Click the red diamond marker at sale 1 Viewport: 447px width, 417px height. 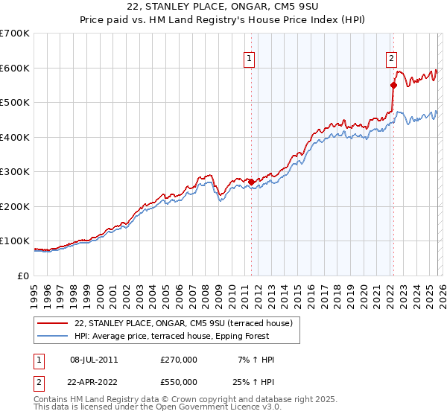(251, 182)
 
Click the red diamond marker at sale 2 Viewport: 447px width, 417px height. (393, 85)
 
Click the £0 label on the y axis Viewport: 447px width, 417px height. (24, 276)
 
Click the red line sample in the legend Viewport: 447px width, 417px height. (54, 323)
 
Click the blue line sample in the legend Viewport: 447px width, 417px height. (54, 337)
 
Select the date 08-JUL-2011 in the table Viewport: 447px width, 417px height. (94, 360)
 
